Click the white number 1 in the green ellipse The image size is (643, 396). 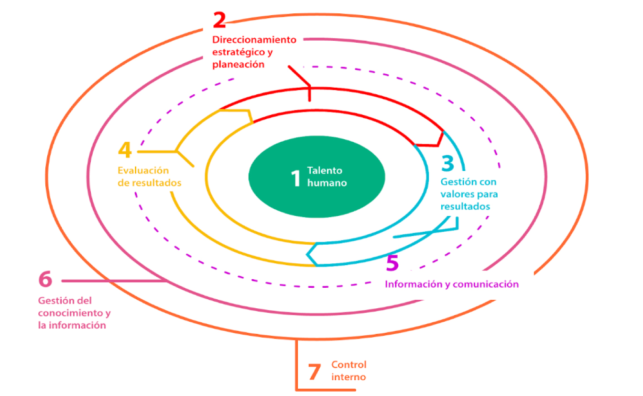coord(295,178)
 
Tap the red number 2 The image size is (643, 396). coord(219,20)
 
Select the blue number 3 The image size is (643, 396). coord(448,163)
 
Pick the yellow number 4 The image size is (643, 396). coord(125,149)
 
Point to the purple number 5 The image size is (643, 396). coord(392,262)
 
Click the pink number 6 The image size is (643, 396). coord(45,279)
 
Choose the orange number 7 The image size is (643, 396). coord(314,372)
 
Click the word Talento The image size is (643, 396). coord(325,170)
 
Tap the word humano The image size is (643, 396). coord(327,183)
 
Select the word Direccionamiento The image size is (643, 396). coord(254,40)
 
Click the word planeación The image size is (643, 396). coord(238,65)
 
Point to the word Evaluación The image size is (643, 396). coord(143,170)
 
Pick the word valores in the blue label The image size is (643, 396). coord(457,194)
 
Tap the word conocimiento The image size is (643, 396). coord(71,313)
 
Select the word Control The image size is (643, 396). coord(349,365)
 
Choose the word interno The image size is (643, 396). coord(349,377)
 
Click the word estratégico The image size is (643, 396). coord(239,52)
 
